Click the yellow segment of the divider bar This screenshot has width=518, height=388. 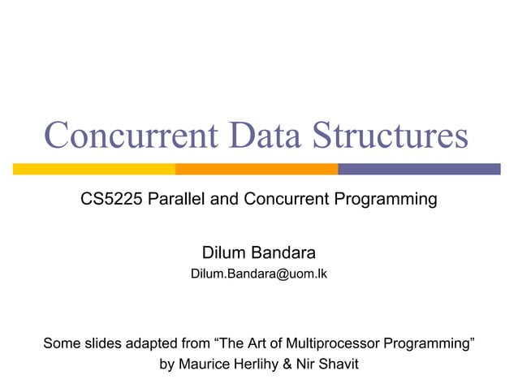point(94,169)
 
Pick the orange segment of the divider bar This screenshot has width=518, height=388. point(257,169)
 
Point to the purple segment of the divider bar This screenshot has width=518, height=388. point(419,169)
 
